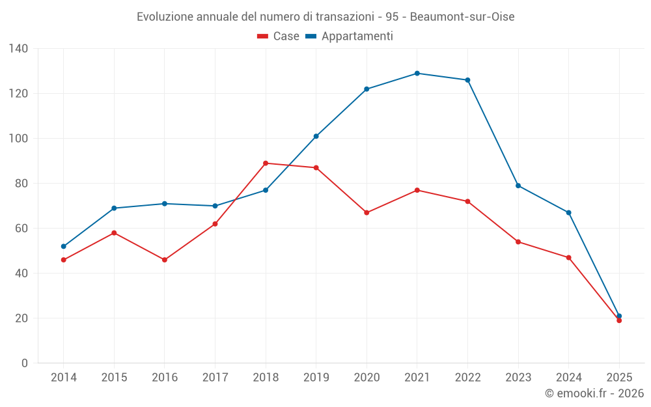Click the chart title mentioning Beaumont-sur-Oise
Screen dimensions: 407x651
pyautogui.click(x=325, y=17)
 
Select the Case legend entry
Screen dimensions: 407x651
pyautogui.click(x=278, y=36)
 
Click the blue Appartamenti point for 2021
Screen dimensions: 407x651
pyautogui.click(x=417, y=74)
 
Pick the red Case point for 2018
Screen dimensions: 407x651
pyautogui.click(x=266, y=163)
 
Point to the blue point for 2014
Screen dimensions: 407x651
pyautogui.click(x=64, y=246)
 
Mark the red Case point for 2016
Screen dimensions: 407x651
pyautogui.click(x=165, y=260)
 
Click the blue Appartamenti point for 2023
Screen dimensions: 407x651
pyautogui.click(x=518, y=186)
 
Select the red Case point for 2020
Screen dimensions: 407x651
pyautogui.click(x=367, y=213)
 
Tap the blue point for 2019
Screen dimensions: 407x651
pyautogui.click(x=316, y=136)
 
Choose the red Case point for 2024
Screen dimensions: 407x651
pyautogui.click(x=569, y=258)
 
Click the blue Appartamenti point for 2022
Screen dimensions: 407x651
pyautogui.click(x=467, y=80)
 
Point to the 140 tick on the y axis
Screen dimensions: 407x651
pyautogui.click(x=19, y=49)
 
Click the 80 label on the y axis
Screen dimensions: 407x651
pyautogui.click(x=21, y=184)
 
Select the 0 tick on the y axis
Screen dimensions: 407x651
pyautogui.click(x=25, y=363)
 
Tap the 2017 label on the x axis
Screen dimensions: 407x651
pyautogui.click(x=215, y=378)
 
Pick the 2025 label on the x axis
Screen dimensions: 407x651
pyautogui.click(x=619, y=378)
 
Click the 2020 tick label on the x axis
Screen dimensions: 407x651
pyautogui.click(x=367, y=378)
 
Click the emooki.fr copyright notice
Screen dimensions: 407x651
pyautogui.click(x=594, y=393)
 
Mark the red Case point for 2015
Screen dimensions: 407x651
pyautogui.click(x=114, y=233)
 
